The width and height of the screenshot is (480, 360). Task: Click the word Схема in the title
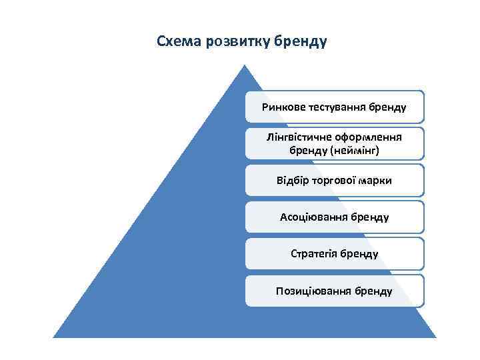click(177, 42)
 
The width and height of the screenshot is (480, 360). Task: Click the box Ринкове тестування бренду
click(334, 107)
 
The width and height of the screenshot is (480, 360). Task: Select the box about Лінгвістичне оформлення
click(334, 143)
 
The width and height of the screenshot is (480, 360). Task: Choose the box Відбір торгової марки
click(334, 180)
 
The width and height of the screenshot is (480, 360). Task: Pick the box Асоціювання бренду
click(334, 217)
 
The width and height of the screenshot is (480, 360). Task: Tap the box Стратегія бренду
click(334, 253)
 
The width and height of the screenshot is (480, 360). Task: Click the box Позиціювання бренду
click(334, 291)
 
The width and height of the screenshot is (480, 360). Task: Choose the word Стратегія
click(314, 253)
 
